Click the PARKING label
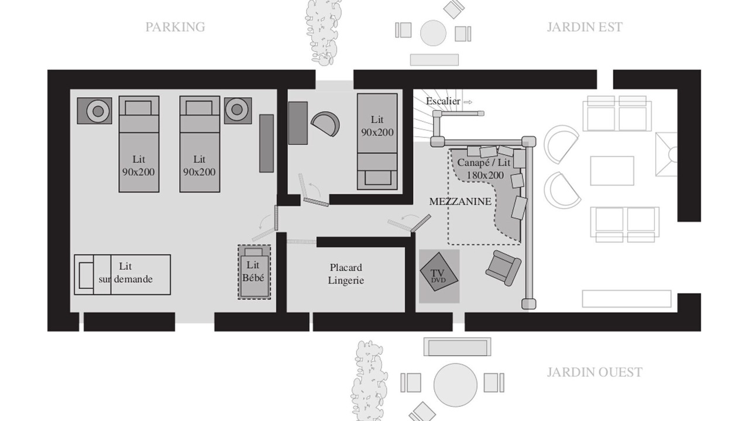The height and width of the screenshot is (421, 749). (x=175, y=27)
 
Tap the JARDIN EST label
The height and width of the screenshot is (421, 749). (x=585, y=27)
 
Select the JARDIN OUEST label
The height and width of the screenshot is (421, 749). (x=595, y=372)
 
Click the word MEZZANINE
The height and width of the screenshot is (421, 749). (x=460, y=202)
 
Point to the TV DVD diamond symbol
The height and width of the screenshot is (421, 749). (x=439, y=272)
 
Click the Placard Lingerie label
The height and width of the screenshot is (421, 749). (x=346, y=274)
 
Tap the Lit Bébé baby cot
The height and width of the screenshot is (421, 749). (x=254, y=272)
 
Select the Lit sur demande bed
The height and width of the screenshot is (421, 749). (x=122, y=275)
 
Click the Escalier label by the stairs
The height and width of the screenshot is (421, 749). (x=443, y=101)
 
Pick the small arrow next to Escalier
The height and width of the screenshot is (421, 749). (x=468, y=102)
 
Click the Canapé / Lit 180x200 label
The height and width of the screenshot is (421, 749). (x=484, y=169)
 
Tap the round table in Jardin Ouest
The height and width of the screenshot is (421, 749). (x=455, y=385)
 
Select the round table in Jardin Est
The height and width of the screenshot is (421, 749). (x=433, y=33)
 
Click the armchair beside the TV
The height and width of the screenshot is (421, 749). (x=503, y=268)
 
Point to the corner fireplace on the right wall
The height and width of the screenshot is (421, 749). (x=666, y=154)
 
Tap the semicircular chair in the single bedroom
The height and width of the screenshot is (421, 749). (x=325, y=123)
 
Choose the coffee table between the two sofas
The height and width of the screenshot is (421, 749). (x=612, y=171)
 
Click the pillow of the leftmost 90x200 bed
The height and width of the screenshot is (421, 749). (x=138, y=108)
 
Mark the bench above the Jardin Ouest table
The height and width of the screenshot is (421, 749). (x=458, y=347)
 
